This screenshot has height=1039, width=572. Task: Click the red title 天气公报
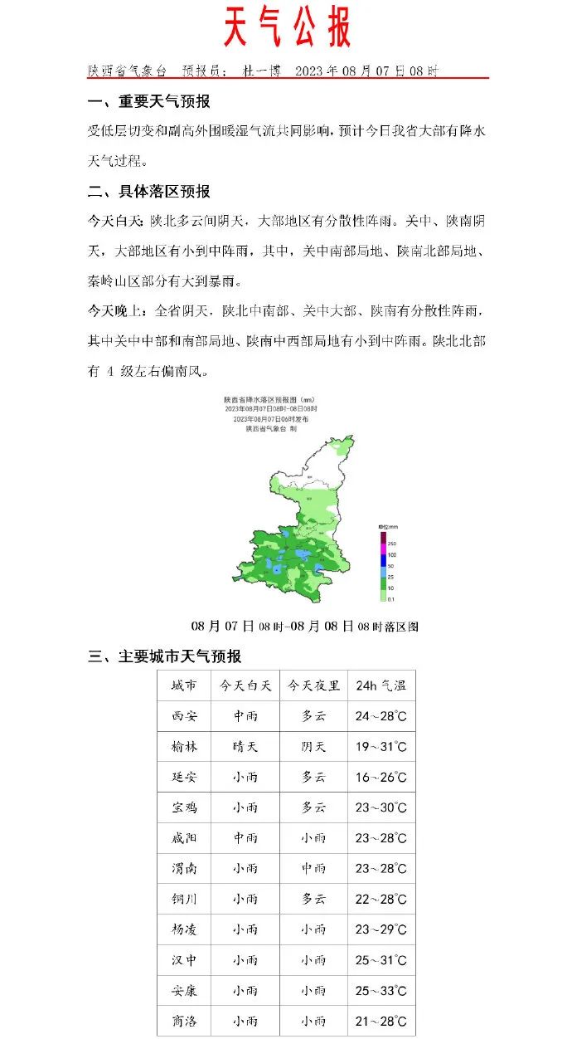pyautogui.click(x=287, y=29)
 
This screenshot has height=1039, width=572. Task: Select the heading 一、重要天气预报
pyautogui.click(x=149, y=101)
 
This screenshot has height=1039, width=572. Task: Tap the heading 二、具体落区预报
pyautogui.click(x=149, y=192)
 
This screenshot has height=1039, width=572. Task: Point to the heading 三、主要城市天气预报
pyautogui.click(x=165, y=656)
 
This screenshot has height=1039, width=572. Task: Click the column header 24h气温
pyautogui.click(x=381, y=685)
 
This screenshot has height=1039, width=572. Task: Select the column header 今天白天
pyautogui.click(x=245, y=685)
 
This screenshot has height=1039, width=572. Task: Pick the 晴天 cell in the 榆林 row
pyautogui.click(x=245, y=746)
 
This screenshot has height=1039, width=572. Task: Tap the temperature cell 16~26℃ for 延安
pyautogui.click(x=381, y=777)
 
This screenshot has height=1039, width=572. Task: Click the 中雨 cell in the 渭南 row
pyautogui.click(x=313, y=868)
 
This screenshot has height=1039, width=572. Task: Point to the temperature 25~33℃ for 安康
pyautogui.click(x=381, y=990)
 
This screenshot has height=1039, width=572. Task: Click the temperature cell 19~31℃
pyautogui.click(x=381, y=746)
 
